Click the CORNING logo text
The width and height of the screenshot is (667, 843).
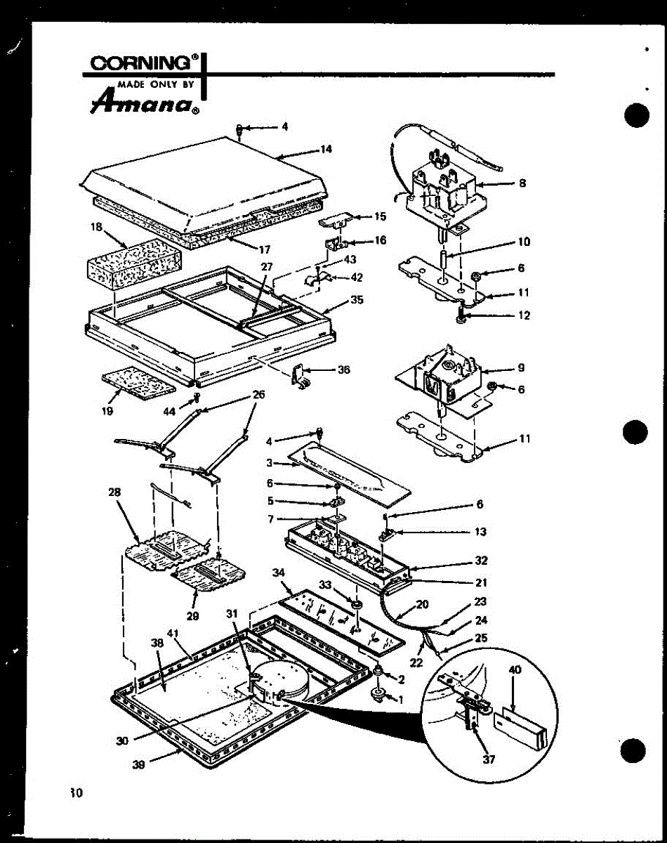pos(141,63)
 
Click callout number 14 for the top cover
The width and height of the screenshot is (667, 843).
pos(326,149)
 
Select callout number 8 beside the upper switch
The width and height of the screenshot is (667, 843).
pos(522,183)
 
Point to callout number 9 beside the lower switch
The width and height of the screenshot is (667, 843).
pos(522,367)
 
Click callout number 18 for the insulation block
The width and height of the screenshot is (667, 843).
pos(97,227)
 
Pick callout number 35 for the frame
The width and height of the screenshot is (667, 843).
pos(357,300)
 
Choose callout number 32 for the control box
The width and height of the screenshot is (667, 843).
pos(481,561)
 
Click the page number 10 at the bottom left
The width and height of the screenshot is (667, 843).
pos(76,793)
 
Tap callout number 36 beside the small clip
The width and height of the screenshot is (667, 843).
pos(343,370)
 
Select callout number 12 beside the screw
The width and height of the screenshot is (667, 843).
pos(524,315)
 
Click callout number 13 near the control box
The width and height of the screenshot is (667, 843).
pos(480,532)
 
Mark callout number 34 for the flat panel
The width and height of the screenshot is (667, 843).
pos(278,573)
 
